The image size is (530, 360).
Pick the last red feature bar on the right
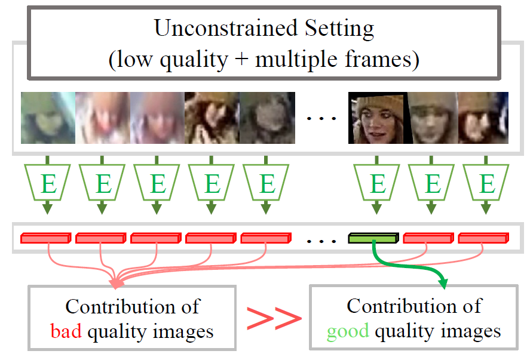(x=483, y=239)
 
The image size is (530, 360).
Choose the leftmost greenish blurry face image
(x=48, y=118)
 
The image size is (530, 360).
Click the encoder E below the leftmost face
(x=48, y=183)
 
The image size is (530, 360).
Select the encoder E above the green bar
(x=377, y=183)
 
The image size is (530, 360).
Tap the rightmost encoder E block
(x=488, y=183)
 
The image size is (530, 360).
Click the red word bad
(x=66, y=331)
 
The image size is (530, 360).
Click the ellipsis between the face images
(x=321, y=119)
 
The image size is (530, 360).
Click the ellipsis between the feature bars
(x=321, y=240)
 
